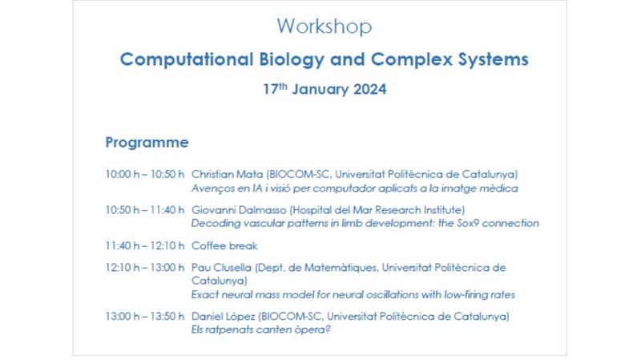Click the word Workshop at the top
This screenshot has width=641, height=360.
pyautogui.click(x=325, y=27)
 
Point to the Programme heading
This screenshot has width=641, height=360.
pyautogui.click(x=147, y=143)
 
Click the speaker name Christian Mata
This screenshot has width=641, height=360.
pyautogui.click(x=228, y=174)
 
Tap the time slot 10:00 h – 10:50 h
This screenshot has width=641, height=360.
pyautogui.click(x=145, y=174)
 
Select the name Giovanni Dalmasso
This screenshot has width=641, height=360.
pyautogui.click(x=239, y=210)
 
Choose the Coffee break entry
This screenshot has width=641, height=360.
pyautogui.click(x=224, y=246)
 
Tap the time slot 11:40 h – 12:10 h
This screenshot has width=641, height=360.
pyautogui.click(x=145, y=246)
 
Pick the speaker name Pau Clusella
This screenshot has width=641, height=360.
pyautogui.click(x=222, y=268)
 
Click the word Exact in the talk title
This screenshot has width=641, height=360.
pyautogui.click(x=203, y=294)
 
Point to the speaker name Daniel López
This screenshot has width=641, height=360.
pyautogui.click(x=224, y=316)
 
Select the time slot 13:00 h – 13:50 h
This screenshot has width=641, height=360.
pyautogui.click(x=145, y=316)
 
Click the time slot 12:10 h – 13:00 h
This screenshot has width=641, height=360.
pyautogui.click(x=145, y=268)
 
